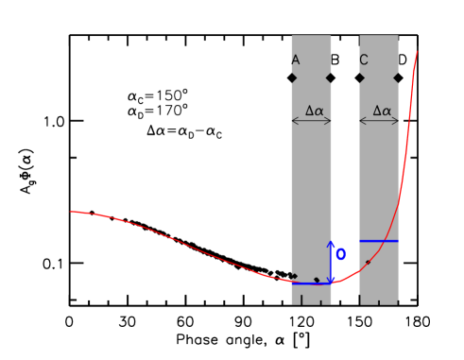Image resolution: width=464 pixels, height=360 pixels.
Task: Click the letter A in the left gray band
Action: [295, 60]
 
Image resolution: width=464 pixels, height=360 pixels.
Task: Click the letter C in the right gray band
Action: [364, 60]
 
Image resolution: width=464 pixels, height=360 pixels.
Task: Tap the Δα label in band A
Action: [314, 111]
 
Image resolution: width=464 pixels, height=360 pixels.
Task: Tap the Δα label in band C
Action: [382, 111]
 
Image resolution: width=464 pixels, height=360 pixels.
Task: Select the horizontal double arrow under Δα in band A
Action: [311, 121]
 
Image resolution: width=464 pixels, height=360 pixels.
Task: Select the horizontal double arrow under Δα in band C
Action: [379, 121]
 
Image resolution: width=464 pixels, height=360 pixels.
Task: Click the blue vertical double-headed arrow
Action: [330, 262]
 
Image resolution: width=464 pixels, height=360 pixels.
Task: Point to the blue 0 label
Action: [341, 254]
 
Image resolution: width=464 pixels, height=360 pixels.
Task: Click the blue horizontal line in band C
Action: [378, 241]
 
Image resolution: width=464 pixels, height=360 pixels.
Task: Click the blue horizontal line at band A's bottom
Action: [310, 283]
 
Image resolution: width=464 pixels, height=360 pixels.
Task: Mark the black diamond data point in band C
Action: [368, 262]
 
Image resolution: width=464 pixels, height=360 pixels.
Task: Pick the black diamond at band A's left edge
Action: [294, 276]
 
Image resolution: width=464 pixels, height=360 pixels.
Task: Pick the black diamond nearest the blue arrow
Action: [317, 280]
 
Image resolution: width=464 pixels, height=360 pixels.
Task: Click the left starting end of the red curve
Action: [71, 212]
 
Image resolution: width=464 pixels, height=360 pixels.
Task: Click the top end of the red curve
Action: [417, 52]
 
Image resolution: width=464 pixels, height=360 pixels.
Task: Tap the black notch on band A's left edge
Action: [293, 77]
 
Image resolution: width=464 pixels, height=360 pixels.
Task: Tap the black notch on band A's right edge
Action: [330, 77]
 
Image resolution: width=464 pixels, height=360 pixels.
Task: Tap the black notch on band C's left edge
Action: [361, 77]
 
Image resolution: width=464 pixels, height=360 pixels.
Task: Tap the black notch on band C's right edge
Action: [397, 77]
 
